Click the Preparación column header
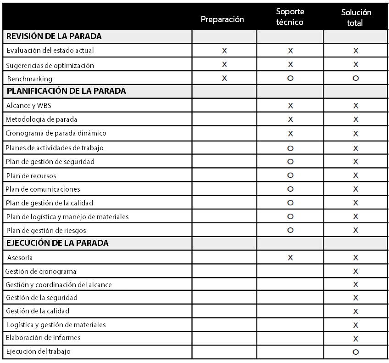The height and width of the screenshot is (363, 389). click(222, 20)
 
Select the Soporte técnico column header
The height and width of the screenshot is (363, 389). click(290, 17)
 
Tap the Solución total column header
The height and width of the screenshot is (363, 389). click(356, 17)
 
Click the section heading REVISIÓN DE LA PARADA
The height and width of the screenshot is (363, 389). click(54, 36)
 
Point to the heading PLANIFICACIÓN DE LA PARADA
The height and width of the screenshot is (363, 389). click(66, 91)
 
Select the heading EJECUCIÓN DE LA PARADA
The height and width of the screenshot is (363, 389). click(57, 243)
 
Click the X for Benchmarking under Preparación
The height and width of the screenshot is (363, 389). click(224, 79)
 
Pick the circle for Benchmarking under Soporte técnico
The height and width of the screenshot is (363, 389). click(290, 79)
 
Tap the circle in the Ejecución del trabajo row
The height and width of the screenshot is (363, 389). click(356, 352)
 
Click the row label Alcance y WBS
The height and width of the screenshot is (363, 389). click(29, 106)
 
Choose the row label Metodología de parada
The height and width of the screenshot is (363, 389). click(41, 119)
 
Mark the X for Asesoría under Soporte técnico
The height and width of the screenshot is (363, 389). click(290, 258)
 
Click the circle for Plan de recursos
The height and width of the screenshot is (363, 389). click(290, 176)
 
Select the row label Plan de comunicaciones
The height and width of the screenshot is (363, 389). click(43, 189)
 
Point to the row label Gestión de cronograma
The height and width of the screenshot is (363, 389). click(41, 272)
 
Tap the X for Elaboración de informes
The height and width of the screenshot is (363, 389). click(356, 339)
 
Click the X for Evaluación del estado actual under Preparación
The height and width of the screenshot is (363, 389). click(224, 51)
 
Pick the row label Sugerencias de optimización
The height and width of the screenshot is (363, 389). click(50, 65)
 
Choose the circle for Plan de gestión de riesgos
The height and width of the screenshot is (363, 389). click(290, 230)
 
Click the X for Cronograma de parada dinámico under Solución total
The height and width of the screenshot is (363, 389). click(356, 134)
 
